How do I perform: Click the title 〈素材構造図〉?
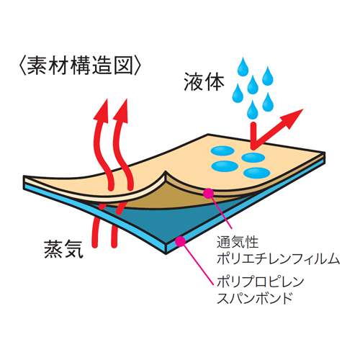pos(79,66)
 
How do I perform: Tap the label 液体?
pos(204,82)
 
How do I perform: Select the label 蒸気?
pos(63,249)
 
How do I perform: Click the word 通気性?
pos(238,242)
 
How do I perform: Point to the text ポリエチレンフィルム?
pos(278,258)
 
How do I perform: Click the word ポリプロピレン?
pos(261,282)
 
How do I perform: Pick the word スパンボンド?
pos(255,298)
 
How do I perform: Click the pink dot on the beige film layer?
pos(208,193)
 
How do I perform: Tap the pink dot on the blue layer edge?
pos(180,241)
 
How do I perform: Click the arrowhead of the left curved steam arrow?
pos(102,110)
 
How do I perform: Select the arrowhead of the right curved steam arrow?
pos(122,110)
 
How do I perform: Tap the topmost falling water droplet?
pos(243,67)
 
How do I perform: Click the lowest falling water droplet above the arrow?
pos(253,110)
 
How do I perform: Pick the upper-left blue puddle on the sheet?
pos(222,150)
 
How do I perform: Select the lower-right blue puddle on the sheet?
pos(257,173)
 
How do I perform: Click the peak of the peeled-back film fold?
pos(166,171)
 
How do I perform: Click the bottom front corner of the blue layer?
pos(166,253)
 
